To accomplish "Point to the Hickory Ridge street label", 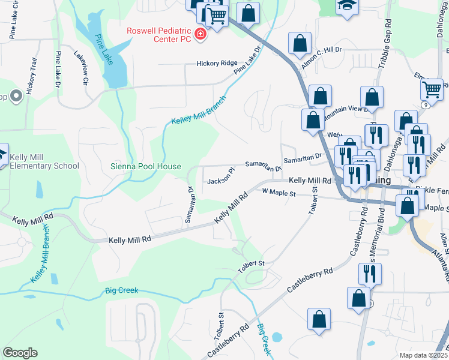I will [217, 63].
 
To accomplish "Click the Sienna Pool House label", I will [145, 166].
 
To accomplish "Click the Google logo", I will [20, 353].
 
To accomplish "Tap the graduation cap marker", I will [346, 5].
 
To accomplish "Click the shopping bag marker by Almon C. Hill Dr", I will [300, 44].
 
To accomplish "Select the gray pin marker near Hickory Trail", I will [15, 95].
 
